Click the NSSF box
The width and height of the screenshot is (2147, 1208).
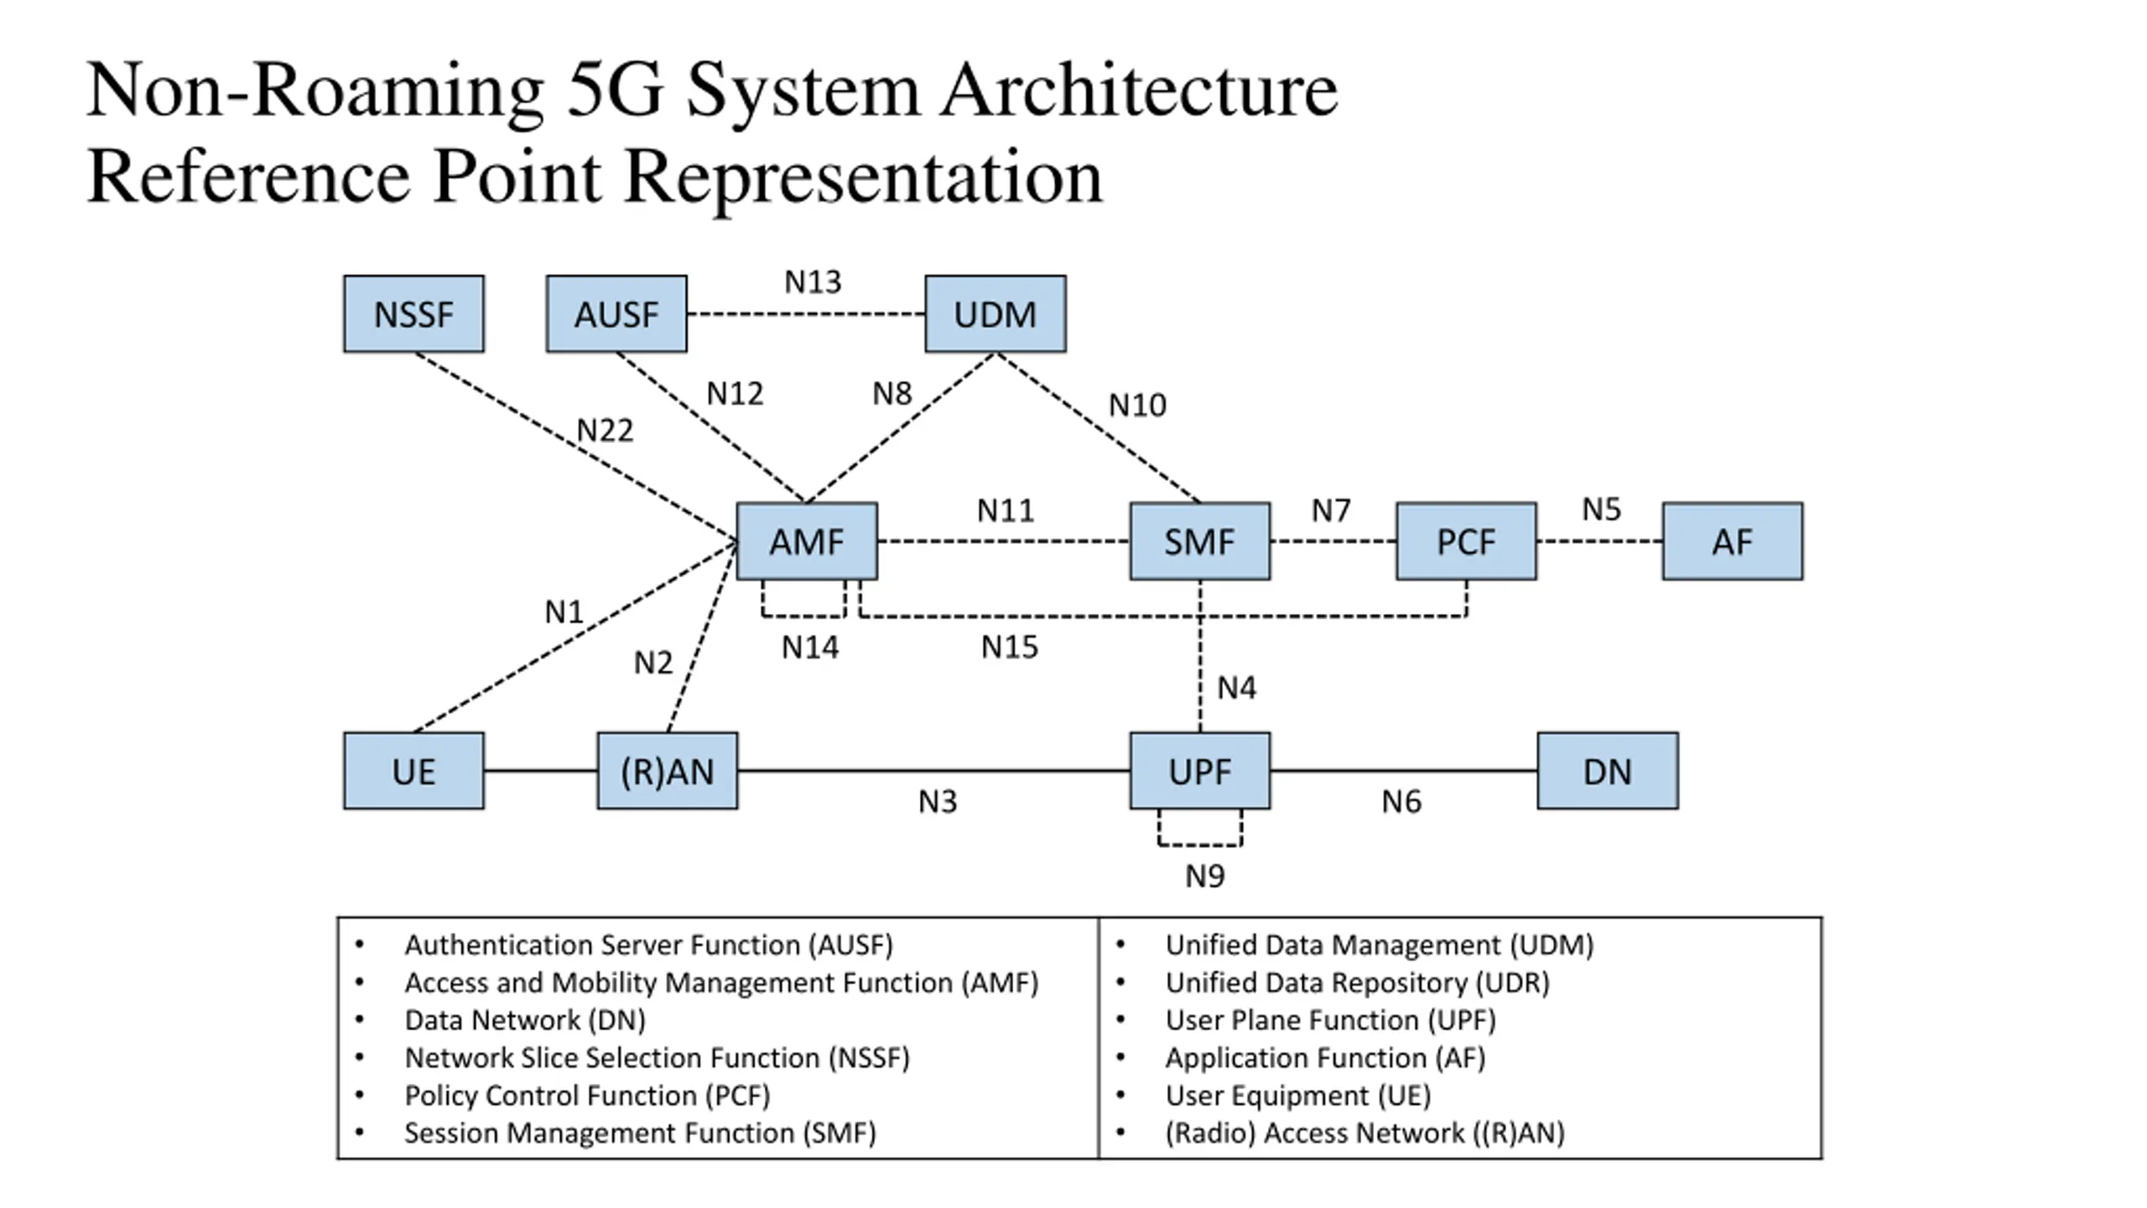[413, 314]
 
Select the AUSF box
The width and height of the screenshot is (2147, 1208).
[616, 314]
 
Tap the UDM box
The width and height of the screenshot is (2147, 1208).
[996, 314]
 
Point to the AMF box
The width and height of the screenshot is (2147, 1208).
[807, 541]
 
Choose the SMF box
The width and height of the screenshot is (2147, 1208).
[1200, 541]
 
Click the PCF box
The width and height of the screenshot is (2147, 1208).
[1467, 541]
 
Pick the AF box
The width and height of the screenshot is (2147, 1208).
[1733, 541]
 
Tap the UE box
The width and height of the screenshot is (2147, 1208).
[413, 771]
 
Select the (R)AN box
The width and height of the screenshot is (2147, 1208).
[668, 771]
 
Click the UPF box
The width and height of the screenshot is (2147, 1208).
[1200, 771]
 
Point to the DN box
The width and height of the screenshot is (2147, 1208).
[1608, 771]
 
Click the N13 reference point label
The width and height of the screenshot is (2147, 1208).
[813, 282]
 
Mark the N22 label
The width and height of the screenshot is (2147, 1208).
[605, 430]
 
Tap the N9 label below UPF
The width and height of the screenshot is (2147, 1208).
[1205, 876]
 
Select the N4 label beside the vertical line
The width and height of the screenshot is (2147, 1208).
[1237, 688]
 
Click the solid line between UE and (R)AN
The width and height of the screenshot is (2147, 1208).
[541, 771]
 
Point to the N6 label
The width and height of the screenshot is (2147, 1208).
[1401, 802]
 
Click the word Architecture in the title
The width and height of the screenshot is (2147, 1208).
[1139, 91]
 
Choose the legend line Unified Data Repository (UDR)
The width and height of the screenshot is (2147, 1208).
[1358, 982]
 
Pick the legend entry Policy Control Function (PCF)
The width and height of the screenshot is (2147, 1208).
[587, 1096]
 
